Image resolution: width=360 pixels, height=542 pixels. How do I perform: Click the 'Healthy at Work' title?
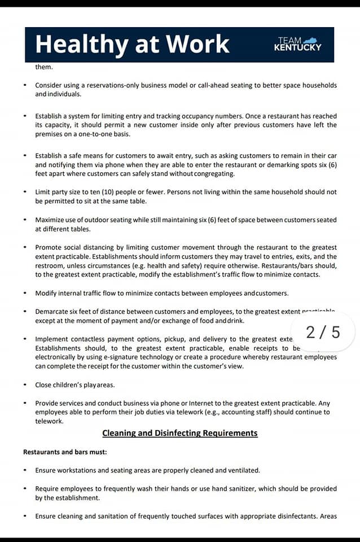tap(133, 44)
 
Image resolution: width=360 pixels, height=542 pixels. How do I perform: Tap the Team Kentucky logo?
tap(297, 44)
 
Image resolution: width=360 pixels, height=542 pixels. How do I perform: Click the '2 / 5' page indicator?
tap(323, 332)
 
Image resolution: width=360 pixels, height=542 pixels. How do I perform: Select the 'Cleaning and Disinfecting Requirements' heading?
tap(180, 433)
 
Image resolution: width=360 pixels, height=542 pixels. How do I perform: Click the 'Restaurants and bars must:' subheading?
tap(65, 452)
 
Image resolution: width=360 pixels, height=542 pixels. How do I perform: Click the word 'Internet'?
tap(201, 403)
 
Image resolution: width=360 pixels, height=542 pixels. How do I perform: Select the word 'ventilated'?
tap(243, 470)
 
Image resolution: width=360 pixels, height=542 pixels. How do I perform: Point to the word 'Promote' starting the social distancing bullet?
tap(50, 247)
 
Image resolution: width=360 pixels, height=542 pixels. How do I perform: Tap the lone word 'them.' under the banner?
tap(43, 67)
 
